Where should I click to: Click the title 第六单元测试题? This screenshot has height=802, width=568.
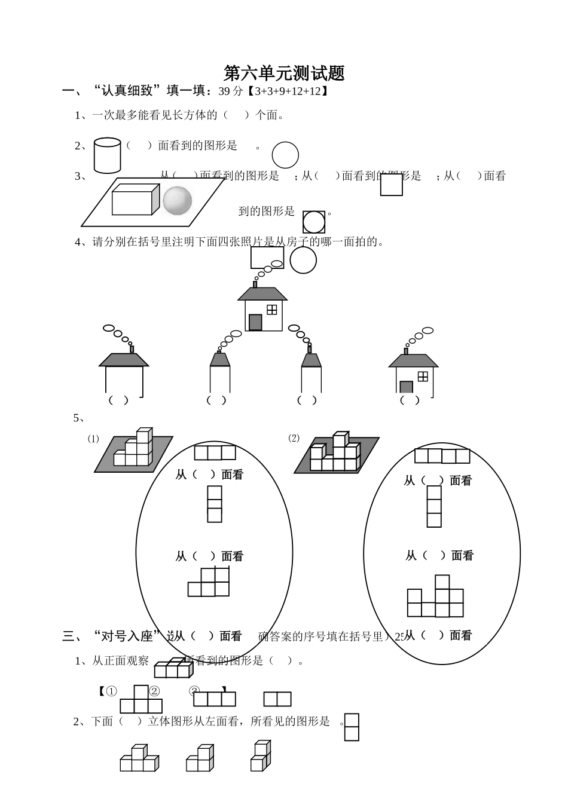284,73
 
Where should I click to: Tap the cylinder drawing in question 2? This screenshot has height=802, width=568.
108,155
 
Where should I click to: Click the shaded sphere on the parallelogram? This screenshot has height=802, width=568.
178,200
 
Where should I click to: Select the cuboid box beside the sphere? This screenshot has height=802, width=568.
135,200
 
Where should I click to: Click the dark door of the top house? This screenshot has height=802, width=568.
255,322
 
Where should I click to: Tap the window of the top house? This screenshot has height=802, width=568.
272,309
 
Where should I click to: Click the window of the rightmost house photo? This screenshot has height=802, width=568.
423,376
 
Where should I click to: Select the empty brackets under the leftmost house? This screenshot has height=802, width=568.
118,400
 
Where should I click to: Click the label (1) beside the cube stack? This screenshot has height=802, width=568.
93,439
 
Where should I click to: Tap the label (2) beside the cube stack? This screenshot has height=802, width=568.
294,438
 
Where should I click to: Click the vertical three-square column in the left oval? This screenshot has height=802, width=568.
215,504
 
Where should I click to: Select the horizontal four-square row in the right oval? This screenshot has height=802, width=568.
442,456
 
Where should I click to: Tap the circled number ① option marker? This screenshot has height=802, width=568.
111,691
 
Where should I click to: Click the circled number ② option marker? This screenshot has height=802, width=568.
154,691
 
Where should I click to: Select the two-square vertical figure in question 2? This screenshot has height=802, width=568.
352,727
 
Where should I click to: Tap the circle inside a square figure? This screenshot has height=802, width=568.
314,222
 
